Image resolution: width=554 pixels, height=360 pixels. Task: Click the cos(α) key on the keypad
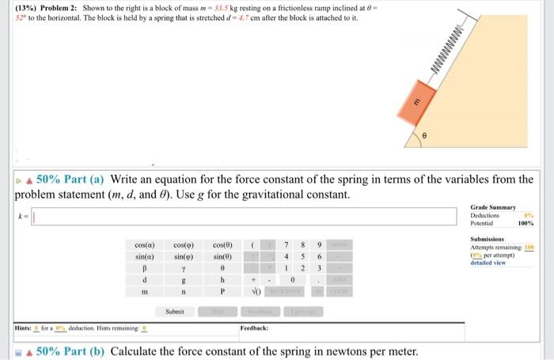pyautogui.click(x=145, y=245)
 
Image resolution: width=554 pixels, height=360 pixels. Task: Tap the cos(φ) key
pyautogui.click(x=184, y=245)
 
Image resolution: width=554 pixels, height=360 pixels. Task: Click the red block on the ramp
pyautogui.click(x=437, y=104)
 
